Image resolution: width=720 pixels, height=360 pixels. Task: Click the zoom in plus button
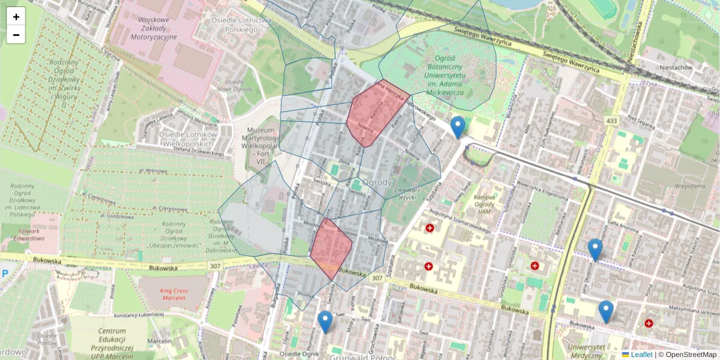16,17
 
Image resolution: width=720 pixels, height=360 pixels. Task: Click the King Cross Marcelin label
173,294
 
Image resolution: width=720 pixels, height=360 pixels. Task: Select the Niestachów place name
676,68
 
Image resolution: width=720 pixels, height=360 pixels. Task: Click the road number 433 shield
611,121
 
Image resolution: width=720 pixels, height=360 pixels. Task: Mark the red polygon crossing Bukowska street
331,247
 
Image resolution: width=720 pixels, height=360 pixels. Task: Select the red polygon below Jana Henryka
376,112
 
